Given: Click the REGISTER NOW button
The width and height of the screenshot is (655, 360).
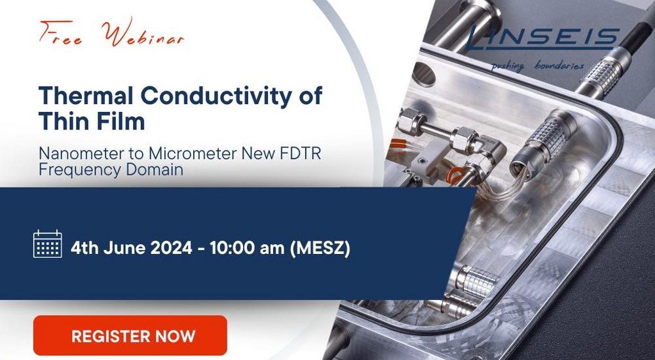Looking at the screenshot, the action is [x=130, y=335].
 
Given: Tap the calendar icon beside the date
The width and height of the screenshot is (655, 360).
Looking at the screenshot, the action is [x=48, y=244].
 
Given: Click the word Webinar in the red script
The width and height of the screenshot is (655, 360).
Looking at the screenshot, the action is [x=143, y=34].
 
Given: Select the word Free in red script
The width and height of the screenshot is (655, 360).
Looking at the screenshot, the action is [x=61, y=33].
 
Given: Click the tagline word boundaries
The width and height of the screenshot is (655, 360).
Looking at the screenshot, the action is [x=559, y=65].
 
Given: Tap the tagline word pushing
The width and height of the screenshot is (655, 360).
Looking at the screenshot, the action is [x=508, y=66].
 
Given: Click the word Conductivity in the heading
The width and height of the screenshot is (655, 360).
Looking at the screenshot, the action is [x=213, y=95].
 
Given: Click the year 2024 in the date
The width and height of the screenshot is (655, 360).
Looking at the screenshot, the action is [x=171, y=248].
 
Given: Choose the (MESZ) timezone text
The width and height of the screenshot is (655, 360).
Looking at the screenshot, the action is [x=320, y=249].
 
